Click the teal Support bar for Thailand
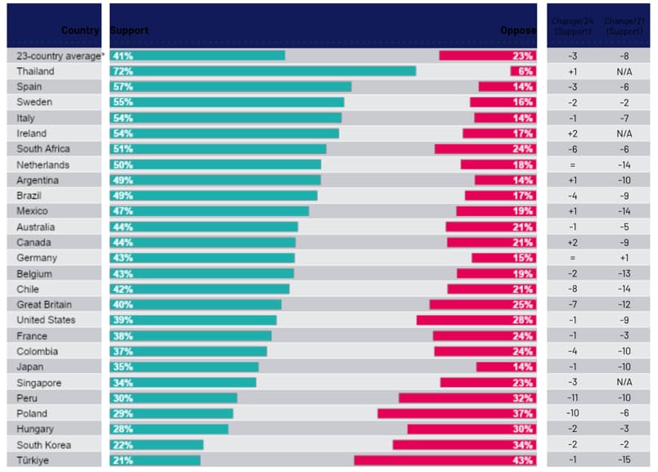point(263,71)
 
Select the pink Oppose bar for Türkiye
point(445,461)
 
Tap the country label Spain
point(29,87)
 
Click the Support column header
point(129,30)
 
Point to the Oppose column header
point(517,30)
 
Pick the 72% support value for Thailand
point(124,71)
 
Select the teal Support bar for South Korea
point(156,445)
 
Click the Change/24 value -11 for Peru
point(573,398)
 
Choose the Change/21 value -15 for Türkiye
point(624,461)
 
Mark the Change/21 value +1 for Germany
point(624,258)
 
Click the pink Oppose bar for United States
point(476,320)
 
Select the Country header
point(80,30)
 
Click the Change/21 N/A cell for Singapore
point(624,383)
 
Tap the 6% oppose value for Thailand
point(526,71)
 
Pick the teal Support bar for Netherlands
point(215,164)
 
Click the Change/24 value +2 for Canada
point(573,243)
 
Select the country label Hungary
point(35,429)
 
